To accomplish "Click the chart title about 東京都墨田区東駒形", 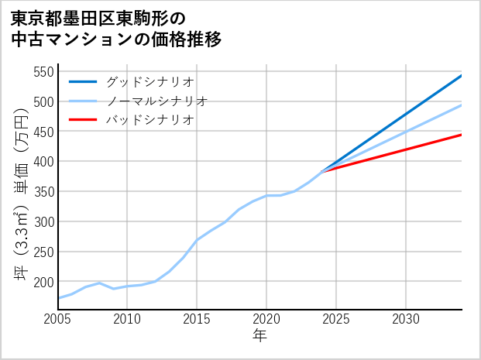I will [x=116, y=28].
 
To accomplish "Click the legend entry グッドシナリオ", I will [x=149, y=81].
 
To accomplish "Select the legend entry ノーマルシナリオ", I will [x=156, y=101].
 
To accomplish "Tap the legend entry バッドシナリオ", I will [x=149, y=120].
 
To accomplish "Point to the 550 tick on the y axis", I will [x=43, y=72].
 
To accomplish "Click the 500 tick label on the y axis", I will [x=43, y=102].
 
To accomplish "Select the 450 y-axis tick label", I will [x=43, y=132].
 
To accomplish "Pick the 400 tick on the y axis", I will [x=43, y=162].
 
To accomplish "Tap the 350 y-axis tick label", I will [x=43, y=192].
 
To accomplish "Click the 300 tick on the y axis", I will [x=43, y=222].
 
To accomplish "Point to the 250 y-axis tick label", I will [x=43, y=252].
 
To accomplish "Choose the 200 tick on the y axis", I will [x=43, y=282].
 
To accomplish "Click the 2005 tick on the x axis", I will [x=57, y=319].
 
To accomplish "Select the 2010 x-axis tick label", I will [x=127, y=319].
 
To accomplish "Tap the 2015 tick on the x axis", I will [x=197, y=319].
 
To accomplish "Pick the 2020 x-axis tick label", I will [x=266, y=319].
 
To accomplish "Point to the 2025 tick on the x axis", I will [x=336, y=319].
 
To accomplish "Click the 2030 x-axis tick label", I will [x=406, y=319].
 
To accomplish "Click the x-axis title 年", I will [x=259, y=337].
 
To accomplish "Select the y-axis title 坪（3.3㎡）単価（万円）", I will [x=21, y=190].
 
